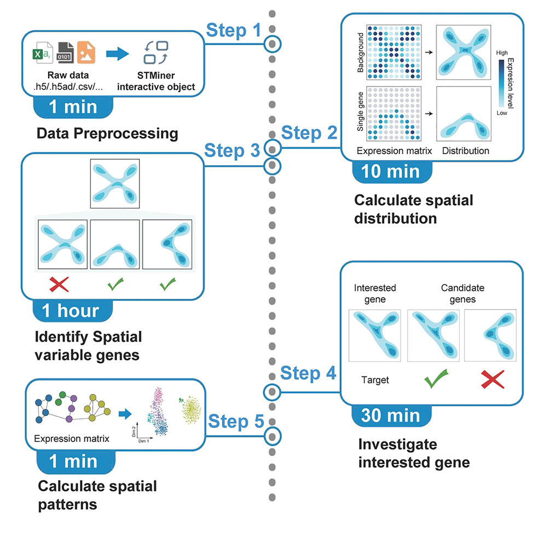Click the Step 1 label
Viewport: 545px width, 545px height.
point(234,31)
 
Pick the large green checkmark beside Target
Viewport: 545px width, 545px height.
point(432,378)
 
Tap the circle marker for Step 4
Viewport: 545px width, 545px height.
point(272,392)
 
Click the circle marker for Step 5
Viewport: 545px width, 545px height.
point(272,436)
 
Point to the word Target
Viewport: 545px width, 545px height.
point(375,379)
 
